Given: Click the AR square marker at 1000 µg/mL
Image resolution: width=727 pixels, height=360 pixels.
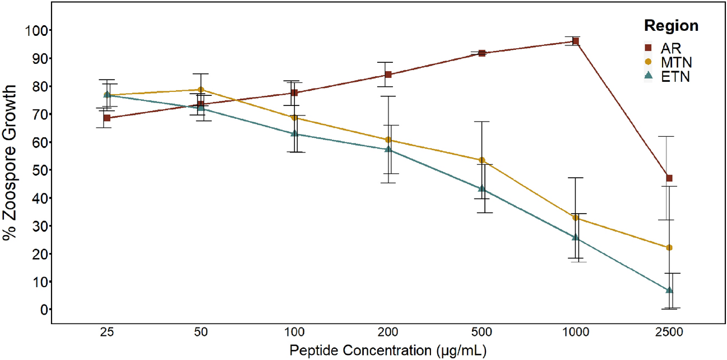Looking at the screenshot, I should tap(576, 41).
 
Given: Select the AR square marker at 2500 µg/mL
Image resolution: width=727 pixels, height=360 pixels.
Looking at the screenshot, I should tap(669, 178).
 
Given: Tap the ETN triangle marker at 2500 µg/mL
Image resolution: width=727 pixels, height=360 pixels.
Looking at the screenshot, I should tap(669, 290).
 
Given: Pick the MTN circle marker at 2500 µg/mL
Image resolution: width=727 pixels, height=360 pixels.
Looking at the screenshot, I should tap(669, 248).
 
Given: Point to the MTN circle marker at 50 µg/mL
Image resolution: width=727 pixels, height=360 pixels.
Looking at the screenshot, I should tap(201, 90).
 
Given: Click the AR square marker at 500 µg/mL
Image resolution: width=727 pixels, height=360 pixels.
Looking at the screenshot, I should tap(482, 53).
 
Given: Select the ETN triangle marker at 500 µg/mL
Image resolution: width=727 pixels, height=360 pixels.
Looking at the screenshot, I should tap(482, 189).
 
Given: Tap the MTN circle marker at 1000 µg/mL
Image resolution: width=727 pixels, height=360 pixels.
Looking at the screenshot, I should tap(576, 218).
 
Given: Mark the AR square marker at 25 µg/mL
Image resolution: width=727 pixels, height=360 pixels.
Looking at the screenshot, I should tap(107, 118).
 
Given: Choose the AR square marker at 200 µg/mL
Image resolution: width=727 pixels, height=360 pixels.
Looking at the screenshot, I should tap(388, 75).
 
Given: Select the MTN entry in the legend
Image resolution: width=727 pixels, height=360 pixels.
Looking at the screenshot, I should tap(670, 62).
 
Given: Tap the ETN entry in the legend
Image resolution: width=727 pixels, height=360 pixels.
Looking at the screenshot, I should tap(670, 77).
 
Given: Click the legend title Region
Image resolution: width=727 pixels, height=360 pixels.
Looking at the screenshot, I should tap(671, 26).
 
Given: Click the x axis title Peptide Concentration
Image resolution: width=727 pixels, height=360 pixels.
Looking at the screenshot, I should tap(387, 351).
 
